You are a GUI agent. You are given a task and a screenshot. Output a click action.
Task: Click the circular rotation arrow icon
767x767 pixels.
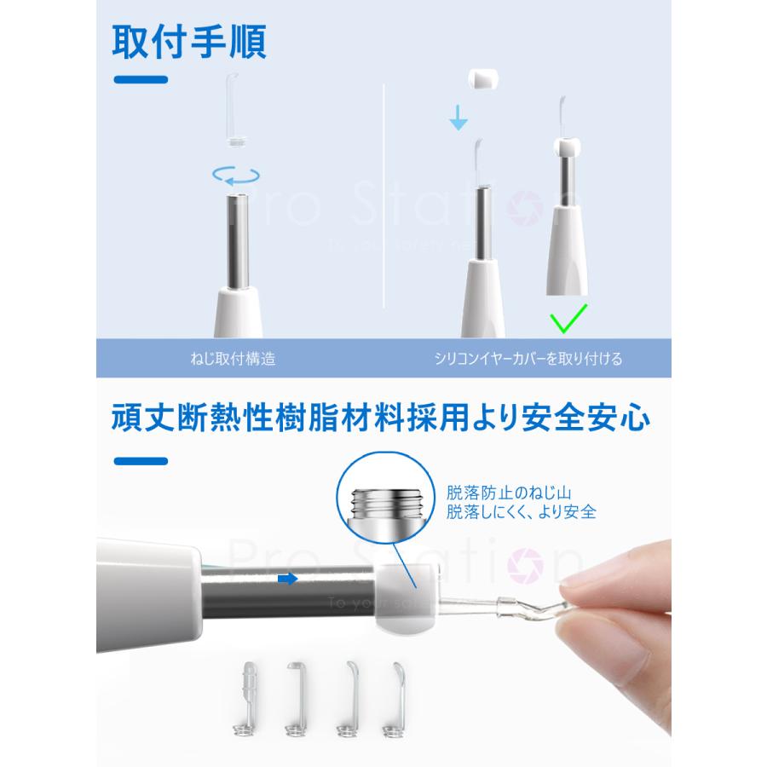coord(236,175)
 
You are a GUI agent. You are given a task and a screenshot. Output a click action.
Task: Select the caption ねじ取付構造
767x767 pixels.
coord(234,359)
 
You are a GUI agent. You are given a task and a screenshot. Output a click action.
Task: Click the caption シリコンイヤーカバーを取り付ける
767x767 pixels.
coord(528,359)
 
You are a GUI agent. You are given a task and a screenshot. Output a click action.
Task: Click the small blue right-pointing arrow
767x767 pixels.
coord(288,579)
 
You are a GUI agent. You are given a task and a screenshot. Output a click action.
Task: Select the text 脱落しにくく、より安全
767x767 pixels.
coord(521,513)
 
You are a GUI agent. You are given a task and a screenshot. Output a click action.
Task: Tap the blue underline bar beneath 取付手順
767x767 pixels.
coord(141,80)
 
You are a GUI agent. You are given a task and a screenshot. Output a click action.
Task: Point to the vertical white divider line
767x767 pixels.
coord(385,196)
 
